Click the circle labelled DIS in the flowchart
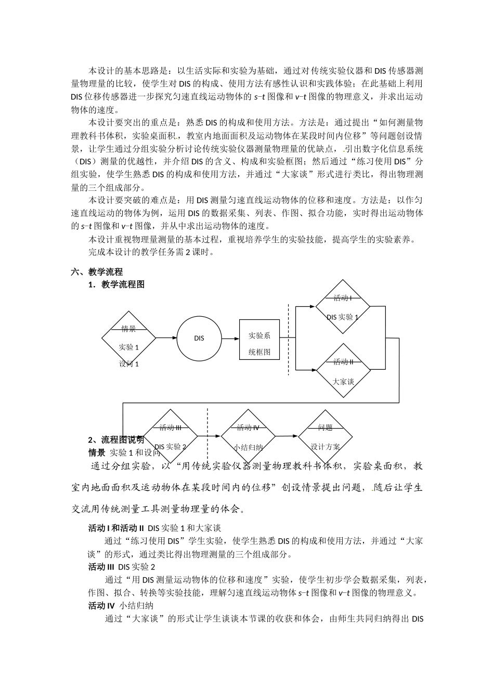point(199,338)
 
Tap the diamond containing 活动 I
point(343,307)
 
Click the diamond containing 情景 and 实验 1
point(128,339)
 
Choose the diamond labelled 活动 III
point(171,437)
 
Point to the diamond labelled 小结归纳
point(248,437)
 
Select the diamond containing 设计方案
point(326,437)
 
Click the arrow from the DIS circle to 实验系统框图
point(230,338)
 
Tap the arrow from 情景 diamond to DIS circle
point(166,338)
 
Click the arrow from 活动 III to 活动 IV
point(209,436)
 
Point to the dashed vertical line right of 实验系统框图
point(289,338)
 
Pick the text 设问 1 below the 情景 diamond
point(129,364)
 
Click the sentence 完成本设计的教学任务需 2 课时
point(151,252)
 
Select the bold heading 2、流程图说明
point(116,440)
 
